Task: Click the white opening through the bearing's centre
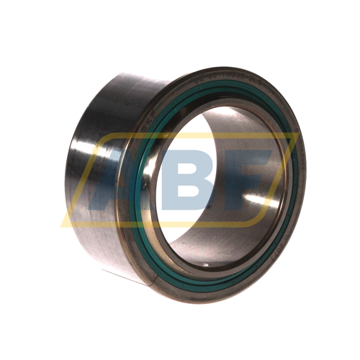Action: [216, 137]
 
